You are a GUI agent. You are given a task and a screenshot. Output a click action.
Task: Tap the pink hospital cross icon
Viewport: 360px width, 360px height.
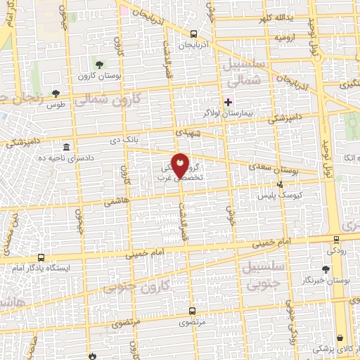(x=228, y=101)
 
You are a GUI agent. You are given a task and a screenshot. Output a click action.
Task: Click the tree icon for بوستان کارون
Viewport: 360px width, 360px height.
(x=98, y=64)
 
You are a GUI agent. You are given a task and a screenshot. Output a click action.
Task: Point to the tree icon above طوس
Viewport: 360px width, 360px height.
(x=56, y=94)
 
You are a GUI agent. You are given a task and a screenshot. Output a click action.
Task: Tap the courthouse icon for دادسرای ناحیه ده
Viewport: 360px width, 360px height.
(x=66, y=147)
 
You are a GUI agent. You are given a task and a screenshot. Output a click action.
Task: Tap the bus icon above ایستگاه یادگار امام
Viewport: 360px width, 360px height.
(x=41, y=257)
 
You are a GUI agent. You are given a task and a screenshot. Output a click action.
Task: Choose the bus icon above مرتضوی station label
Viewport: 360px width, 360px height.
(x=193, y=310)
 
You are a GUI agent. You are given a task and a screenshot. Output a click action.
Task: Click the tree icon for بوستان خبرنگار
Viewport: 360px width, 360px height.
(x=325, y=269)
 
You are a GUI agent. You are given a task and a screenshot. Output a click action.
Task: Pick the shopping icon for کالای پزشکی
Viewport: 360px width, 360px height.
(x=340, y=337)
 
